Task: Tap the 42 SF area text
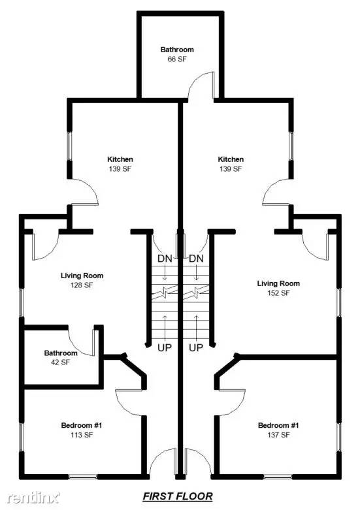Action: click(x=61, y=362)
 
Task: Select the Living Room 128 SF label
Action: click(x=82, y=280)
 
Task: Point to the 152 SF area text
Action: click(x=278, y=293)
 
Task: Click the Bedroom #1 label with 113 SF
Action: click(x=82, y=430)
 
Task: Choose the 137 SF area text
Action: click(x=278, y=435)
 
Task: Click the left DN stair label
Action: click(x=165, y=259)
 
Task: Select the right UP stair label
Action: click(x=196, y=347)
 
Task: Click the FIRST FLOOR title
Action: click(x=178, y=496)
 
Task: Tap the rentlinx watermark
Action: click(x=33, y=497)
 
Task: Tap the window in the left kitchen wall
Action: click(x=69, y=146)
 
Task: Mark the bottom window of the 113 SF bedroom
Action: click(x=83, y=477)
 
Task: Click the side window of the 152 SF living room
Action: click(x=338, y=302)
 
